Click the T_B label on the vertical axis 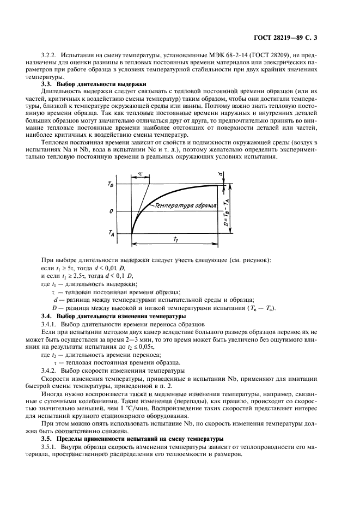111,185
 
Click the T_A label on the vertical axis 111,233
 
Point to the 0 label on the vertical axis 111,211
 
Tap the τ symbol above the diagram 140,174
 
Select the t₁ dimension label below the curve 177,239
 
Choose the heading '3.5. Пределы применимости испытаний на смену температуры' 132,439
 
